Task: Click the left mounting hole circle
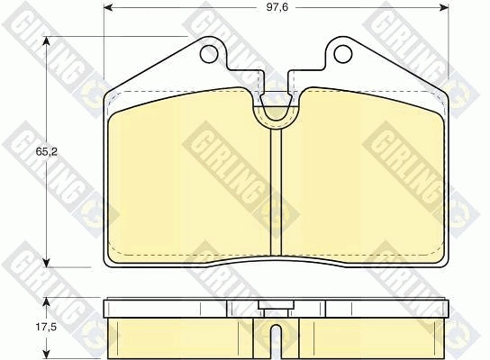[x=208, y=54]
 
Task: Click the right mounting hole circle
[x=343, y=54]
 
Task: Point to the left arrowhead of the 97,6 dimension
[x=108, y=7]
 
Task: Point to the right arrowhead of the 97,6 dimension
[x=444, y=7]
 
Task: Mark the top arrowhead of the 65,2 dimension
[x=47, y=41]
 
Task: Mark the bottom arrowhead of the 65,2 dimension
[x=47, y=262]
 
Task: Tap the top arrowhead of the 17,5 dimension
[x=46, y=301]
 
